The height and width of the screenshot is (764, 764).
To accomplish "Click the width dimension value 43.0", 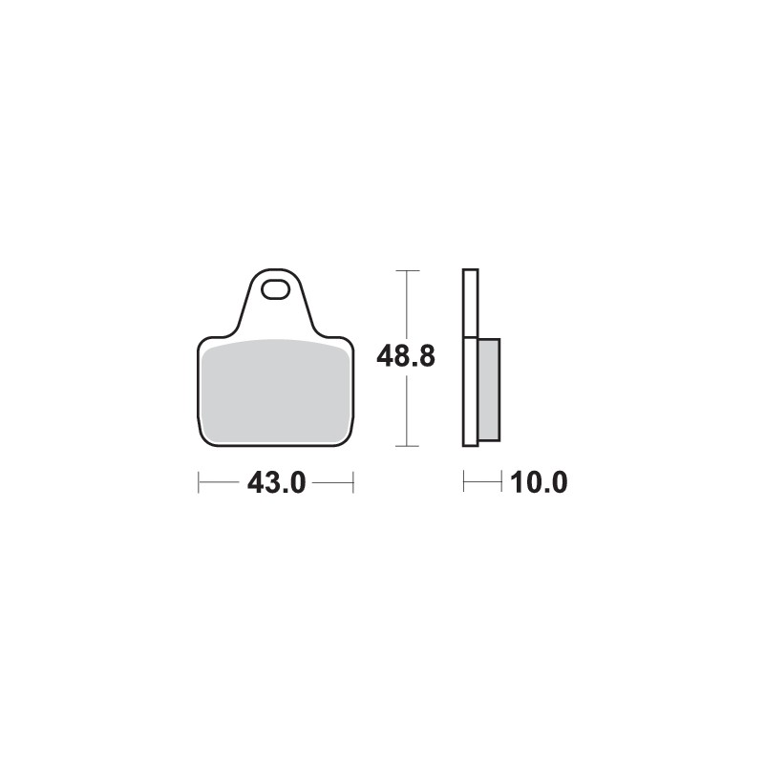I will (276, 483).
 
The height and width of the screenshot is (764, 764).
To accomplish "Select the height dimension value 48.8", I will (406, 357).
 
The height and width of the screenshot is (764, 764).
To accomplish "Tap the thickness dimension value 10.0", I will (539, 483).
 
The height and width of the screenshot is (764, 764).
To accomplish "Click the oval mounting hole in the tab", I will (277, 287).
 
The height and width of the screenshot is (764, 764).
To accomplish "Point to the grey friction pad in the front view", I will (276, 392).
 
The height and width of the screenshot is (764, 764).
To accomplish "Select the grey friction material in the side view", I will (488, 390).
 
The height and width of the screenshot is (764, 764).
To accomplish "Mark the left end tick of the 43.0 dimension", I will (199, 482).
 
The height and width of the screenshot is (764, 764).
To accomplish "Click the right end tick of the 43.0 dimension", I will (353, 482).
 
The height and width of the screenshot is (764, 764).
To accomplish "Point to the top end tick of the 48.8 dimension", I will (408, 271).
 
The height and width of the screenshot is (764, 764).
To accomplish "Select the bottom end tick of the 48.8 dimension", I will (408, 446).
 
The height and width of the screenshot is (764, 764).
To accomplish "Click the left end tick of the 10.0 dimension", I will (463, 482).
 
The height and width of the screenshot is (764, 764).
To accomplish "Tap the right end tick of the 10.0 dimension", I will (501, 482).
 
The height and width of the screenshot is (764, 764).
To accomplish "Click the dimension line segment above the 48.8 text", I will (408, 306).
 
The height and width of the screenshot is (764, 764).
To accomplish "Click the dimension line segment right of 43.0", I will (332, 482).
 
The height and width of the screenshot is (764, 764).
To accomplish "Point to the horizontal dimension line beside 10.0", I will (482, 482).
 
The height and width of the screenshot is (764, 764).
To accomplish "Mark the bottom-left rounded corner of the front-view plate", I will (204, 438).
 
